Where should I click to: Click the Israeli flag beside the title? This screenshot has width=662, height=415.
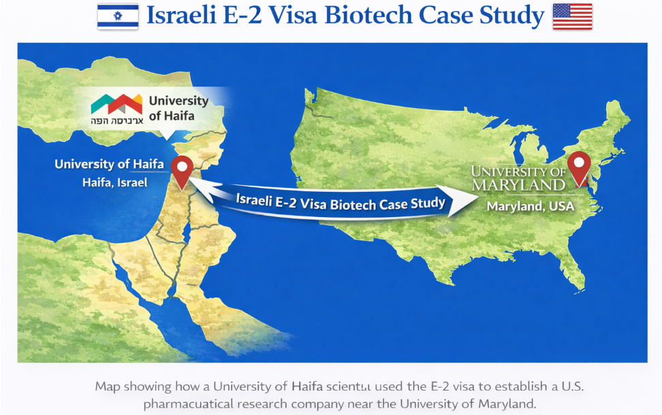(x=117, y=16)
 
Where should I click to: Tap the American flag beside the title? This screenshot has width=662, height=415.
(x=571, y=16)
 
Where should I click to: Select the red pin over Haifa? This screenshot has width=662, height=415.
(x=181, y=171)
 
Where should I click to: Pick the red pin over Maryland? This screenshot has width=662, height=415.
(x=579, y=167)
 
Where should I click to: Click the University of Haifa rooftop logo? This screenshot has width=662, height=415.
(x=116, y=104)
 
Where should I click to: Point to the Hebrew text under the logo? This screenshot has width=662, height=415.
(x=116, y=120)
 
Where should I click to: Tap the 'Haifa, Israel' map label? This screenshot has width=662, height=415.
(x=114, y=182)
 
